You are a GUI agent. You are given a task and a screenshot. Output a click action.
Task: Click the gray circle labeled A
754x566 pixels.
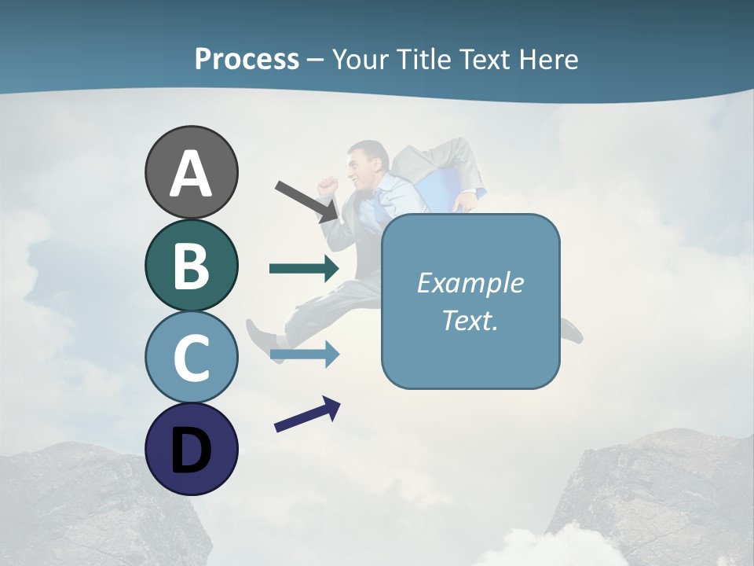[x=191, y=172]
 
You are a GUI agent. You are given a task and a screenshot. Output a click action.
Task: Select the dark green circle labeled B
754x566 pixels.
[x=191, y=265]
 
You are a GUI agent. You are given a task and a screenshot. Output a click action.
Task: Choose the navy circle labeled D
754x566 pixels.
[x=191, y=449]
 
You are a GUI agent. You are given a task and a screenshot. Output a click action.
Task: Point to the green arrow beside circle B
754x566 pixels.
[x=304, y=269]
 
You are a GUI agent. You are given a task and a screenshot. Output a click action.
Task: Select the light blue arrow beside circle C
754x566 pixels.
[x=304, y=355]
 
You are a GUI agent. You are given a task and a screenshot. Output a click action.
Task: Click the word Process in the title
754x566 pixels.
[x=247, y=59]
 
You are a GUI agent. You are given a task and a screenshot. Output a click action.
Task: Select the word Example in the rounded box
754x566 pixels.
[x=470, y=283]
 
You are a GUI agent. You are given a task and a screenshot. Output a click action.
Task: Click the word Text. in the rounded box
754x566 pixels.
[x=470, y=321]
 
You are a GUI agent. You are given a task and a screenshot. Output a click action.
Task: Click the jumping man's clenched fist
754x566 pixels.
[x=328, y=186]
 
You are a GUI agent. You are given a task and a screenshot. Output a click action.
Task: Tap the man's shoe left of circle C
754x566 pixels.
[x=258, y=338]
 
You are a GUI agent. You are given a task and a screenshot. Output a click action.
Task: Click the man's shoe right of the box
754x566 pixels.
[x=571, y=331]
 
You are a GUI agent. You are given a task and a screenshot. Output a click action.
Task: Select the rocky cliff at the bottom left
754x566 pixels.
[x=94, y=503]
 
